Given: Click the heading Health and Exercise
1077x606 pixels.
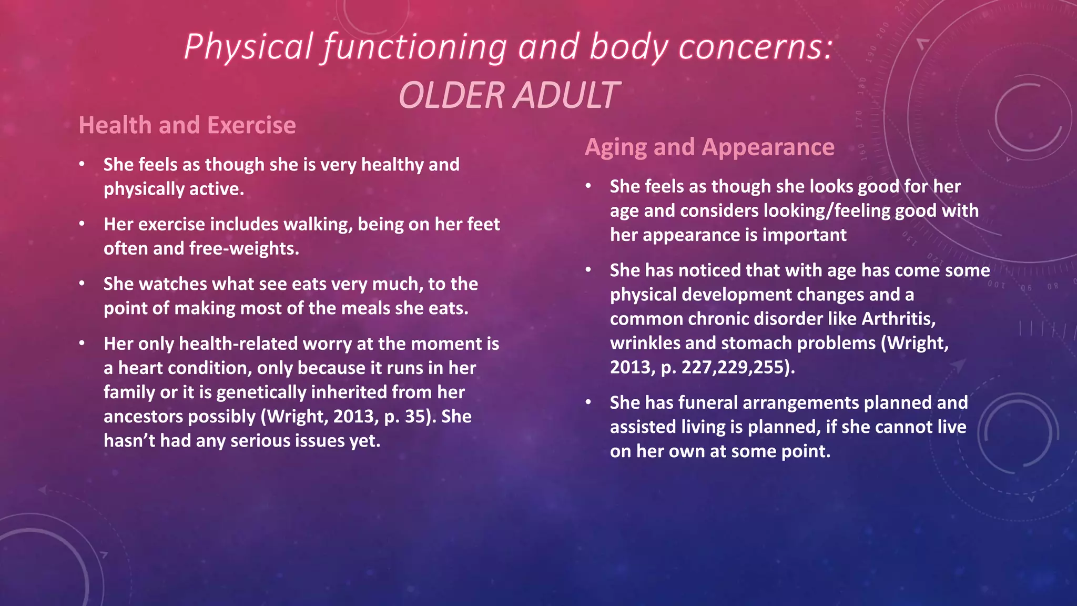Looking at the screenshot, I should click(187, 125).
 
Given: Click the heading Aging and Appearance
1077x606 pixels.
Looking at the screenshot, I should click(709, 147).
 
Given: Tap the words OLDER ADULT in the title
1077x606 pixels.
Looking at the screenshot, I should click(509, 96).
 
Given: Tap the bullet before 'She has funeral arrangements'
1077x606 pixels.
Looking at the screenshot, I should click(588, 402).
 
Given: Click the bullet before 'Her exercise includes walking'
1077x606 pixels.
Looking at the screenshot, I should click(82, 224).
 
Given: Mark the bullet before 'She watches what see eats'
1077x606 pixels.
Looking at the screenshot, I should click(82, 284).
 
